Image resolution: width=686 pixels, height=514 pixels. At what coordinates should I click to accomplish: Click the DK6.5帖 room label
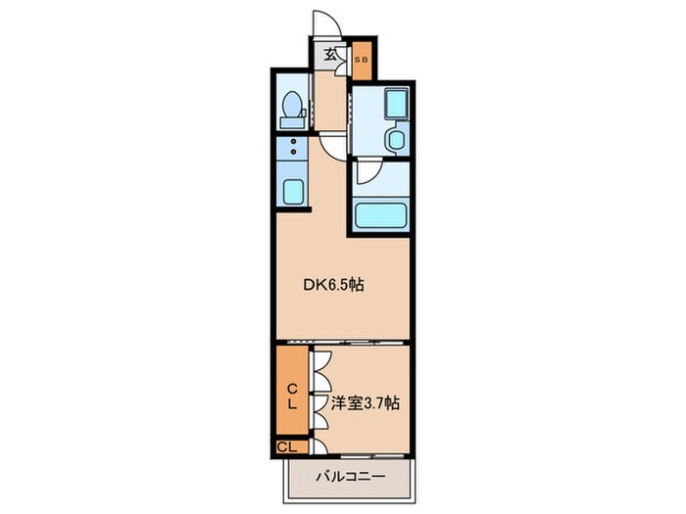pyautogui.click(x=333, y=286)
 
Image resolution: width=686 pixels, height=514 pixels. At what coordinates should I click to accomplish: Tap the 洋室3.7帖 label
pyautogui.click(x=365, y=402)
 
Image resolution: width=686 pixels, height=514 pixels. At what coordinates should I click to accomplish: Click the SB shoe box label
pyautogui.click(x=362, y=60)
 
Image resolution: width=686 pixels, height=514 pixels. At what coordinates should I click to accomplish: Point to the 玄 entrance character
pyautogui.click(x=330, y=56)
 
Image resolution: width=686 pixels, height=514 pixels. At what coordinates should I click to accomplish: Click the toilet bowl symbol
pyautogui.click(x=290, y=106)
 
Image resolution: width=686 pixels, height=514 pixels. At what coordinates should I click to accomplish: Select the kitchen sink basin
pyautogui.click(x=291, y=188)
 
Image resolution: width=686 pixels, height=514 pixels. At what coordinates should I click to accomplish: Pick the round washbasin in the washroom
pyautogui.click(x=395, y=140)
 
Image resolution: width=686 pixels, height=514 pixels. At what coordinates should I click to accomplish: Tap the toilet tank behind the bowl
pyautogui.click(x=290, y=122)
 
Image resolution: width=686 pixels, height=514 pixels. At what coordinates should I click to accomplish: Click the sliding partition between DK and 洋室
pyautogui.click(x=341, y=342)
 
